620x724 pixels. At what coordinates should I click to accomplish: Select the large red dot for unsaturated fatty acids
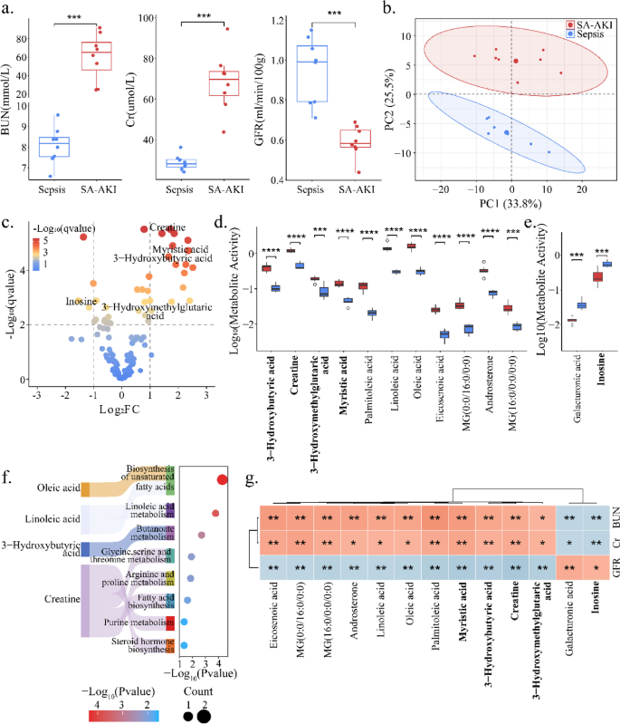coord(223,479)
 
